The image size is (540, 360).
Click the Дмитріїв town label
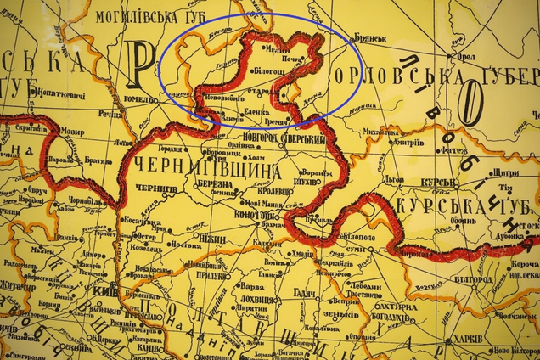point(406,142)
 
